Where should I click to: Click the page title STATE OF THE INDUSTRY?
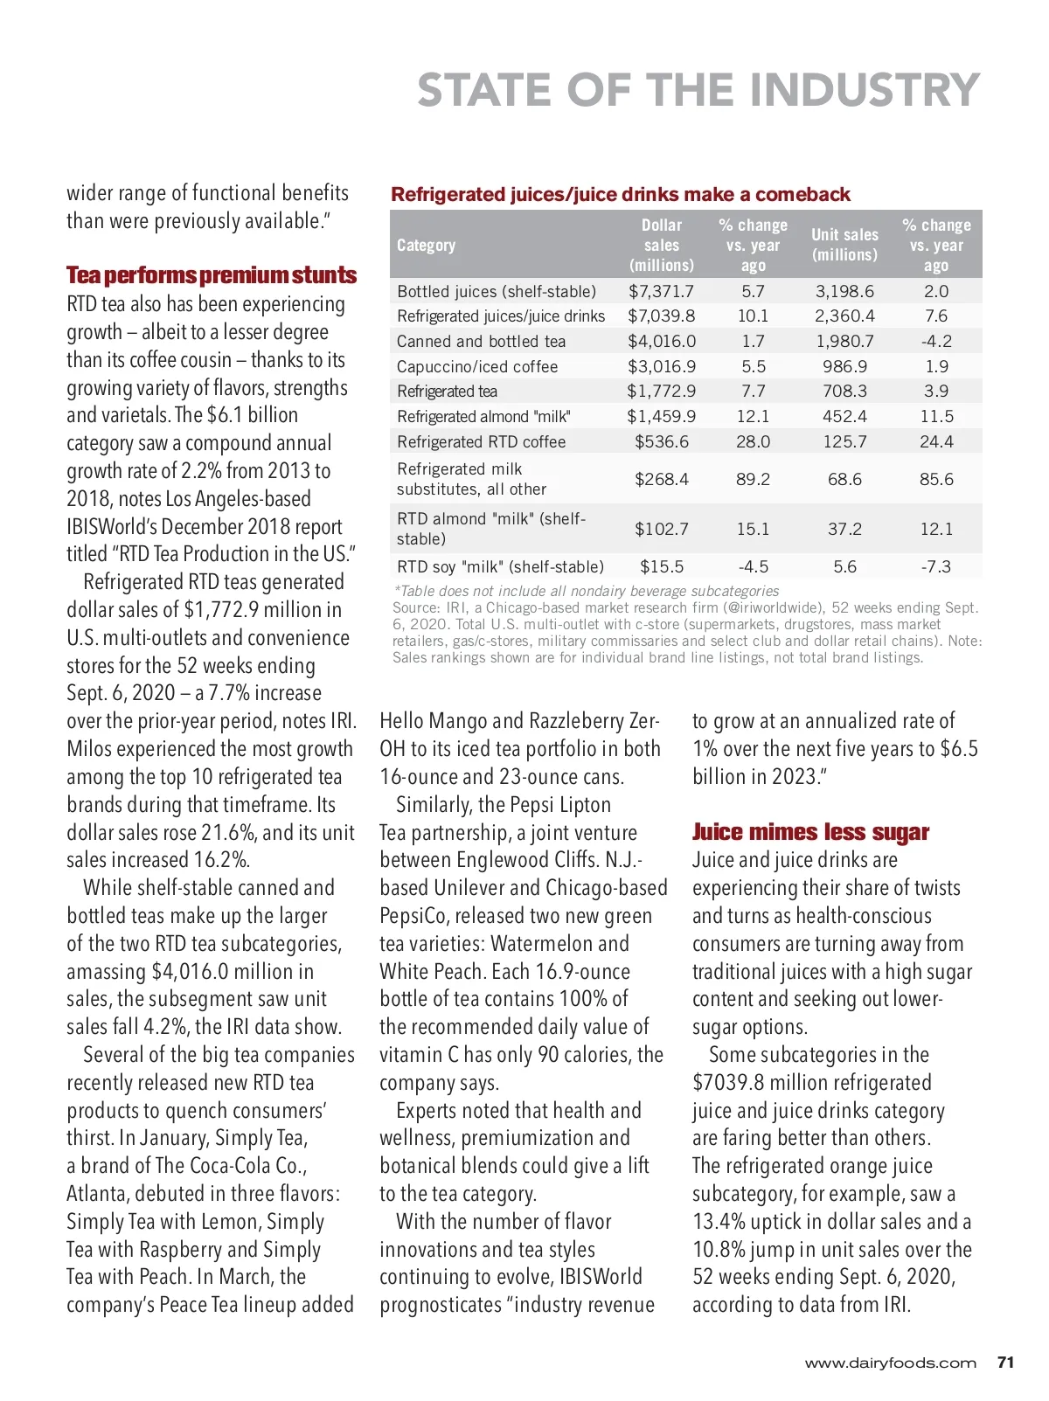tap(698, 90)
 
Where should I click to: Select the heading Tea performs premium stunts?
tap(212, 275)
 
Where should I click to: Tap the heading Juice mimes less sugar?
tap(810, 832)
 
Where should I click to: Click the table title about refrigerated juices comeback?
tap(621, 194)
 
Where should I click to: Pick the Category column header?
tap(426, 246)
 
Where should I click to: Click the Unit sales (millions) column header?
tap(844, 245)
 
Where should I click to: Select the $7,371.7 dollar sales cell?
tap(661, 291)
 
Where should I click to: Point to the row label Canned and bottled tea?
tap(481, 342)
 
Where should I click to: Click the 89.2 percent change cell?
tap(753, 479)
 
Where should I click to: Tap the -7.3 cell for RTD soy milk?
tap(935, 566)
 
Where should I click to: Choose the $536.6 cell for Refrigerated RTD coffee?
tap(661, 441)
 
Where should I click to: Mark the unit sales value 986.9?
tap(844, 366)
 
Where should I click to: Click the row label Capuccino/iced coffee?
tap(477, 366)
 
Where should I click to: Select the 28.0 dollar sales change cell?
tap(753, 441)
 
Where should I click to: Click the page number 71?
tap(1005, 1363)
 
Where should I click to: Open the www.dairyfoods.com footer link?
tap(890, 1363)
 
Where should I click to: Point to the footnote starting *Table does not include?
tap(586, 591)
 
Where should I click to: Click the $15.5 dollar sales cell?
tap(661, 566)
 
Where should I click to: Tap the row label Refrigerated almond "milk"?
tap(483, 417)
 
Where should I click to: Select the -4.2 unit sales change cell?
tap(935, 342)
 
